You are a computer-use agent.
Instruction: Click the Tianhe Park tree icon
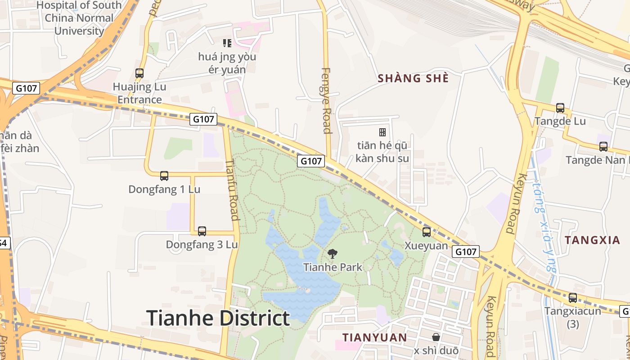333,254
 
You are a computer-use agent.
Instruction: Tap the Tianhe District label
218,318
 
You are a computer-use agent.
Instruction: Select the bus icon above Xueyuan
427,232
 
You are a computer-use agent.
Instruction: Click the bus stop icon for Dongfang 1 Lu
164,176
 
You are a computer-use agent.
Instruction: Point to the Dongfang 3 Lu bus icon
202,231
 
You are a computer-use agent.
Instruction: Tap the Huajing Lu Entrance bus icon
139,73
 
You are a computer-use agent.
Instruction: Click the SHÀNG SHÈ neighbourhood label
413,78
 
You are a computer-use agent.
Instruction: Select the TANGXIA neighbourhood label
592,240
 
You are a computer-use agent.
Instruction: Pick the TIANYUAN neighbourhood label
374,337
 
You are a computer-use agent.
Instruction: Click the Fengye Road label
327,101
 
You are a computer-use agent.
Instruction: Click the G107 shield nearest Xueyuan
466,252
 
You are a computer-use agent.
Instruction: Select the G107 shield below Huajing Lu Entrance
203,119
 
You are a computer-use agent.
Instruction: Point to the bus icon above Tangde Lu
560,108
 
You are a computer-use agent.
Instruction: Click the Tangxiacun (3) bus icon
573,298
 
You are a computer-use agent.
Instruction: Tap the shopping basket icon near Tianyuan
436,337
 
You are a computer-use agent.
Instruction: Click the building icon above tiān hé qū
382,132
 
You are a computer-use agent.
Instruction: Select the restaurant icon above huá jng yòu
227,43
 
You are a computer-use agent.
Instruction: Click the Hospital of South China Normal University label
79,18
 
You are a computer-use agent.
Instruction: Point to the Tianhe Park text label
333,267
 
